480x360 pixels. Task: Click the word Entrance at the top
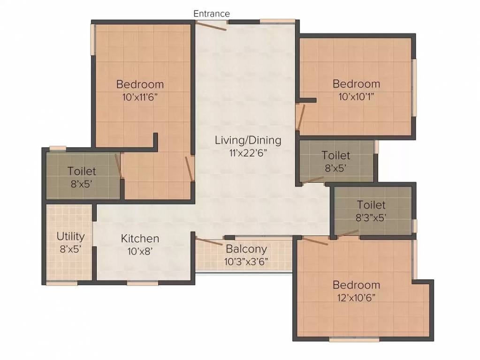(212, 14)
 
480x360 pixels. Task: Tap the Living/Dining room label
(248, 140)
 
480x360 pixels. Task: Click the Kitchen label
(140, 239)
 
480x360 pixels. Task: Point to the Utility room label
(70, 236)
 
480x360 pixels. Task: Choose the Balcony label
(246, 249)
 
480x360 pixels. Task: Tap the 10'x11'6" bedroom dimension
(140, 97)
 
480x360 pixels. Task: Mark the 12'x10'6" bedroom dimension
(356, 297)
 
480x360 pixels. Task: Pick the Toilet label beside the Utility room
(82, 172)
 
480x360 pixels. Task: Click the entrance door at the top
(212, 25)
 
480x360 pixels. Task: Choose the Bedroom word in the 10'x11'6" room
(140, 84)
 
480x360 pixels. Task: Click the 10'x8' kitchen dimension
(140, 251)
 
